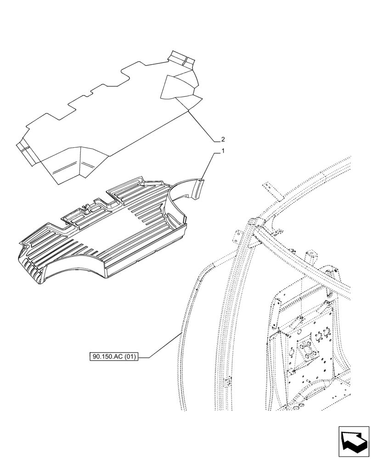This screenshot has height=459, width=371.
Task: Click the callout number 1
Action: click(223, 151)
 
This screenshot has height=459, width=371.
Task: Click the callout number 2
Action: click(223, 139)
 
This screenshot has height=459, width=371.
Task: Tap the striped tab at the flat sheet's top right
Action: click(181, 58)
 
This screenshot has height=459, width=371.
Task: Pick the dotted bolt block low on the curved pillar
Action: click(226, 381)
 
